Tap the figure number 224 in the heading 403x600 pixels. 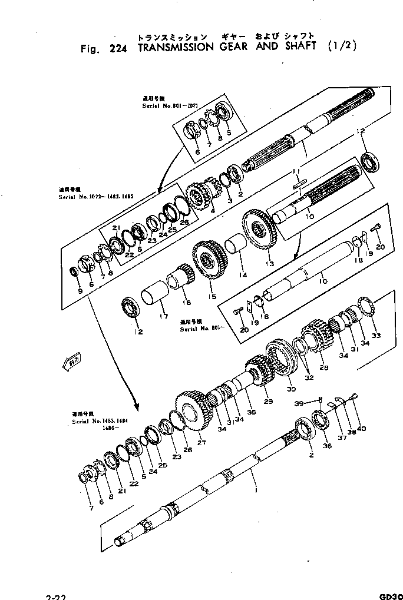click(x=120, y=48)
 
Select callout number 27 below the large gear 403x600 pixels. click(x=201, y=443)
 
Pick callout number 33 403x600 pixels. click(x=375, y=336)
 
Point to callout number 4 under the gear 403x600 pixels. click(x=212, y=210)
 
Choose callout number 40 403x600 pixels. click(x=361, y=428)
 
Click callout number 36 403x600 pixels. click(x=328, y=446)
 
